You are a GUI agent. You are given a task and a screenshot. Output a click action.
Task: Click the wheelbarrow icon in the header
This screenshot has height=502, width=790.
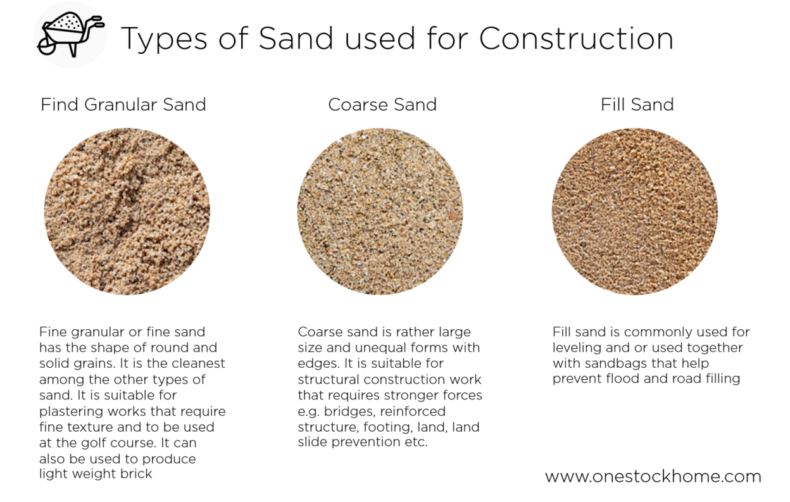[x=70, y=35]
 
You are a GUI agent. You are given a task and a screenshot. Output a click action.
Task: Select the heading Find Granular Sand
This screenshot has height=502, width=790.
[x=123, y=104]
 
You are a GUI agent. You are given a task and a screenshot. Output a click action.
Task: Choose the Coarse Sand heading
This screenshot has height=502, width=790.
[x=382, y=104]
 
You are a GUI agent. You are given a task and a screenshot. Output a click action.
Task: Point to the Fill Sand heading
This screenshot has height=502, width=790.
[x=637, y=104]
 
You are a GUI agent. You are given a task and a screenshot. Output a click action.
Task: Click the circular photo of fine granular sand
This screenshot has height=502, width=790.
[x=127, y=211]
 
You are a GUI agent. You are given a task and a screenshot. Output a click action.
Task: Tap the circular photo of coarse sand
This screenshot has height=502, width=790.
[x=380, y=211]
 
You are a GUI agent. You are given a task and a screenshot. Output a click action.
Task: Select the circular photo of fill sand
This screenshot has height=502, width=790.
[x=635, y=211]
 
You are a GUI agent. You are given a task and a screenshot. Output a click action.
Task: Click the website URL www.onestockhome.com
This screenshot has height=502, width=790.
[x=653, y=477]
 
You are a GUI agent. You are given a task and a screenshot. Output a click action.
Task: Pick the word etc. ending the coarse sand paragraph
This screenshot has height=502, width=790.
[x=416, y=442]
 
